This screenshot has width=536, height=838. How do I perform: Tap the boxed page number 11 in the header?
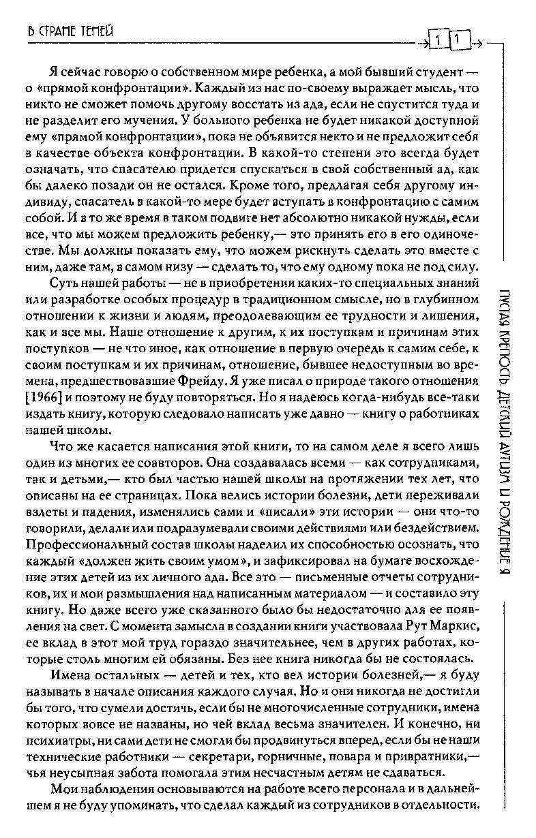click(447, 43)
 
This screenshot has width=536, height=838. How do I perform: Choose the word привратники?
click(423, 758)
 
